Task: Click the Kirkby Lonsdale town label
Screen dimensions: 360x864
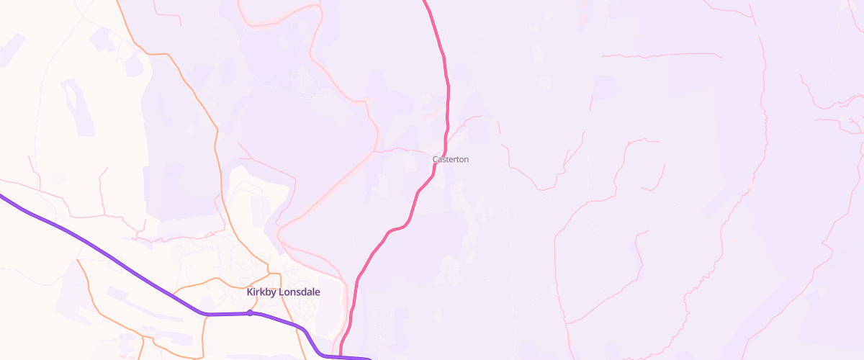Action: [283, 292]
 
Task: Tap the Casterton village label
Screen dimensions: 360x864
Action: [450, 159]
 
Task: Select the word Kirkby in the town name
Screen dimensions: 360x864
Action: [261, 292]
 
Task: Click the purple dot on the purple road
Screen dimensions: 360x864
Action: [250, 312]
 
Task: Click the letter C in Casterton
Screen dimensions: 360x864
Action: [435, 159]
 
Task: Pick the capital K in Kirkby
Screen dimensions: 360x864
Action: [250, 292]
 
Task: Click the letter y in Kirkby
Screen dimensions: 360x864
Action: [273, 293]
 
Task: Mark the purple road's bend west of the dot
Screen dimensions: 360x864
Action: [205, 314]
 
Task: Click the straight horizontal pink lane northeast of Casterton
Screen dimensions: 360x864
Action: [662, 55]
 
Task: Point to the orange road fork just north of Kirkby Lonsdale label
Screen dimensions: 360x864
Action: [268, 273]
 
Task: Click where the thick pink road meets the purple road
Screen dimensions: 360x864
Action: [341, 355]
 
